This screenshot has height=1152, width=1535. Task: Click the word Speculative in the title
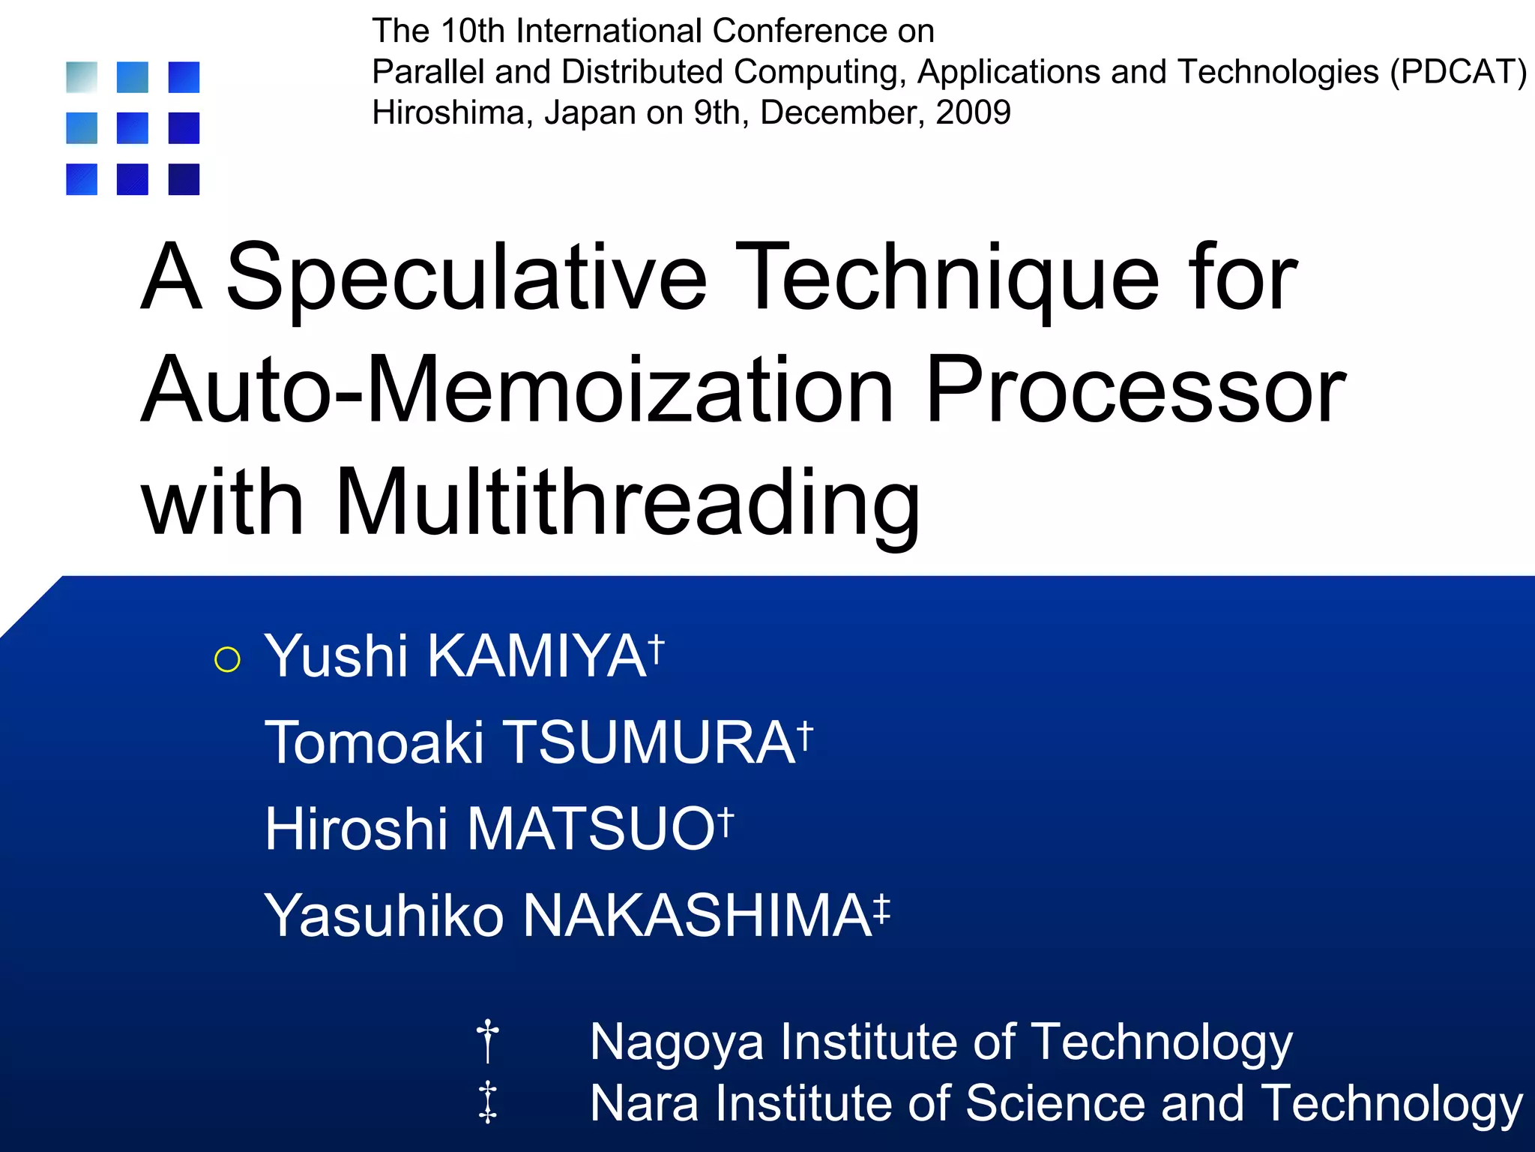coord(466,279)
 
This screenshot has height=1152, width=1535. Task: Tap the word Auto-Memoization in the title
coord(517,391)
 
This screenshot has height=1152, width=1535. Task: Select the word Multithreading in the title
coord(628,502)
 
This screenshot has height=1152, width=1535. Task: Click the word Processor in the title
coord(1136,391)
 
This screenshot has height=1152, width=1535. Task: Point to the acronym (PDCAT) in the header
coord(1458,73)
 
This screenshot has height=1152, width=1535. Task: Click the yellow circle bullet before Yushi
coord(227,659)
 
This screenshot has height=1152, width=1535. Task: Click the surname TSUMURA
coord(648,743)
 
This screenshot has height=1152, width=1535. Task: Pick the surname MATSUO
coord(591,829)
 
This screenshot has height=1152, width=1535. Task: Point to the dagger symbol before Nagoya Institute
coord(488,1040)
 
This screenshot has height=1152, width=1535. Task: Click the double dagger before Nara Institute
coord(488,1102)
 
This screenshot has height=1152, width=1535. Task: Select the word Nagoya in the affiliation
coord(676,1042)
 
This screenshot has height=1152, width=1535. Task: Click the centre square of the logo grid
coord(133,128)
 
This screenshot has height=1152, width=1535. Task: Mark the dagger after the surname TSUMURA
coord(804,736)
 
